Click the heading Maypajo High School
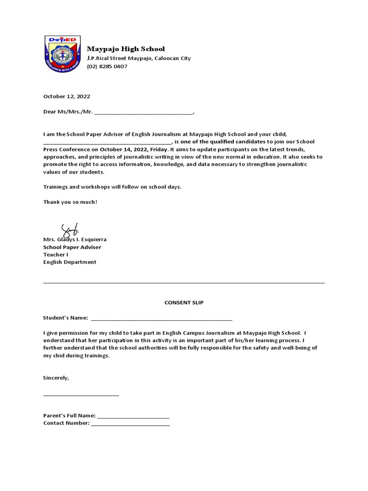[x=126, y=49]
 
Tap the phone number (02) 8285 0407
[x=107, y=66]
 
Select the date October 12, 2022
[x=67, y=96]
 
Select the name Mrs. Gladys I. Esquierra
[x=75, y=239]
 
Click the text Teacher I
[x=56, y=254]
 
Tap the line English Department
[x=70, y=262]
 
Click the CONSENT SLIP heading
[x=184, y=303]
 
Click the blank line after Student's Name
[x=161, y=319]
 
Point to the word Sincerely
[x=56, y=377]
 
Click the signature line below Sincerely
[x=81, y=395]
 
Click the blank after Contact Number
[x=130, y=424]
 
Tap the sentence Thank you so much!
[x=70, y=201]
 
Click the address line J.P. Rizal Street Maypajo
[x=138, y=58]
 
